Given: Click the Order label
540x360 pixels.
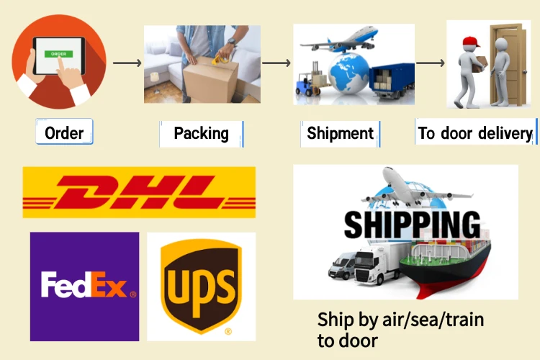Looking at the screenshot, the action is [x=64, y=132].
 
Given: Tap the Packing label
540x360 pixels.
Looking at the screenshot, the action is [x=201, y=133].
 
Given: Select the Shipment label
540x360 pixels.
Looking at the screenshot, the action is [x=340, y=133].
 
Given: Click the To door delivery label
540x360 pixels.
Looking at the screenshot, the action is [x=475, y=133].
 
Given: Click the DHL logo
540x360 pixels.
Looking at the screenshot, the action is [x=139, y=192].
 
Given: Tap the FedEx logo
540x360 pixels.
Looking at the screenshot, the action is [x=84, y=286].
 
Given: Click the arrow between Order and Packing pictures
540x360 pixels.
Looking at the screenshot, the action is [x=127, y=63].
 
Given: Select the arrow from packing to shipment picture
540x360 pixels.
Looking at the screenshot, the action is [x=276, y=63].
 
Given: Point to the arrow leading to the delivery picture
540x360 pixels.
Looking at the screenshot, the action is [x=431, y=63].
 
